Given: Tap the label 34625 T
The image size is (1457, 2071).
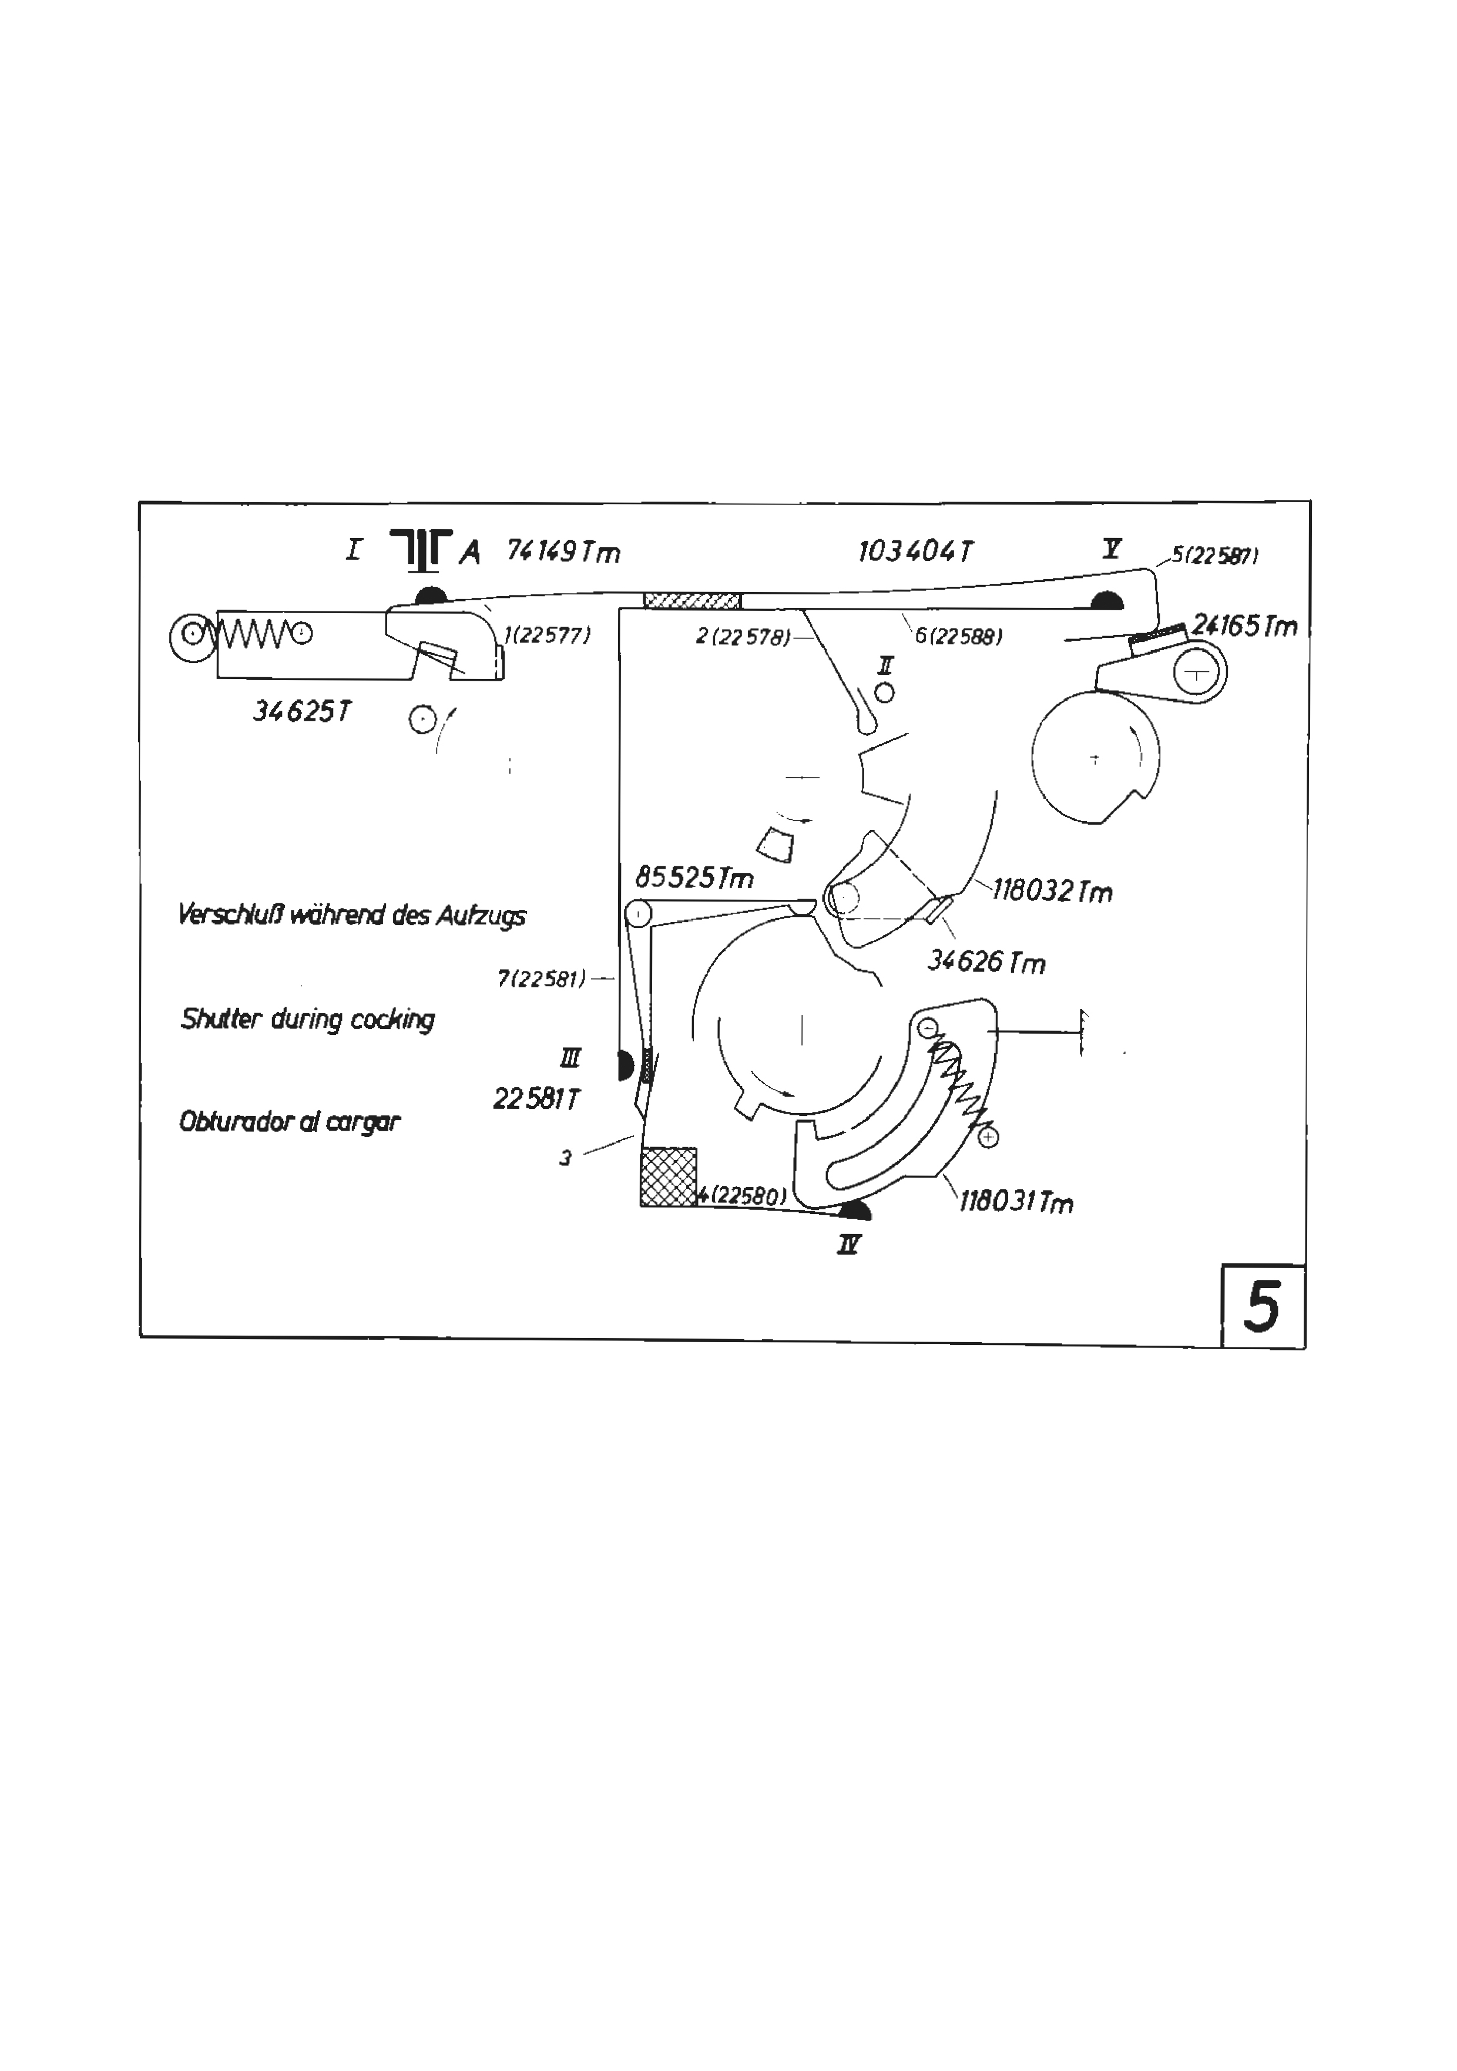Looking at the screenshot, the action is click(302, 712).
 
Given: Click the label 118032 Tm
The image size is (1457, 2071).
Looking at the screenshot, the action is click(1053, 891).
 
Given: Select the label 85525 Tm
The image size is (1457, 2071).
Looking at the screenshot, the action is click(694, 877).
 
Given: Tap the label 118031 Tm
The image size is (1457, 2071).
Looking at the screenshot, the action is click(1016, 1202).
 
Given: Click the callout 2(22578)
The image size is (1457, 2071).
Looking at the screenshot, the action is click(743, 637).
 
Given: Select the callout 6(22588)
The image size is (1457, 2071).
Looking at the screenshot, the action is click(959, 637).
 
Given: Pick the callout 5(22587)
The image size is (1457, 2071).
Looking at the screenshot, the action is click(1214, 556).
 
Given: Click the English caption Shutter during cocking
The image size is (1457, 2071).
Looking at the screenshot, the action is click(308, 1019).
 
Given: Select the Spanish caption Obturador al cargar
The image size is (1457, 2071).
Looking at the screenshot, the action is click(290, 1122).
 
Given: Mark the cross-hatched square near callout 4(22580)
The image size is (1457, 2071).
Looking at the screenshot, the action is click(669, 1177).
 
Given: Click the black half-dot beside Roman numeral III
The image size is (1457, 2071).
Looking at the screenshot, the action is click(625, 1065).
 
